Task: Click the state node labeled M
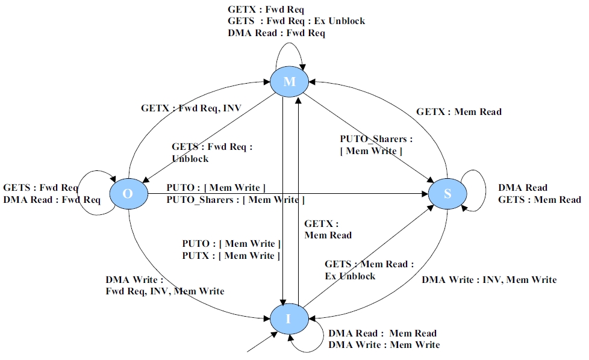point(290,82)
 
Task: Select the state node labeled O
point(128,194)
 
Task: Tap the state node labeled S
point(447,194)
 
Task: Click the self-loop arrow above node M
point(290,50)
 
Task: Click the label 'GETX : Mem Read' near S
point(459,112)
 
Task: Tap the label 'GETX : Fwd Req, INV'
point(191,108)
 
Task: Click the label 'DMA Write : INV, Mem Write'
point(489,279)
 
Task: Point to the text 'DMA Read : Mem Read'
point(382,333)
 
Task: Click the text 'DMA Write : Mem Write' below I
point(384,344)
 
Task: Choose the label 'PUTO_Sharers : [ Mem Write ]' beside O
point(235,200)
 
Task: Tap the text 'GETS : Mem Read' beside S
point(540,199)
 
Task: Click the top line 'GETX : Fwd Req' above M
point(266,10)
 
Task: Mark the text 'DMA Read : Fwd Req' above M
point(276,33)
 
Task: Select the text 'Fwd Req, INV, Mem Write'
point(165,291)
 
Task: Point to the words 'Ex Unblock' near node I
point(350,276)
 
